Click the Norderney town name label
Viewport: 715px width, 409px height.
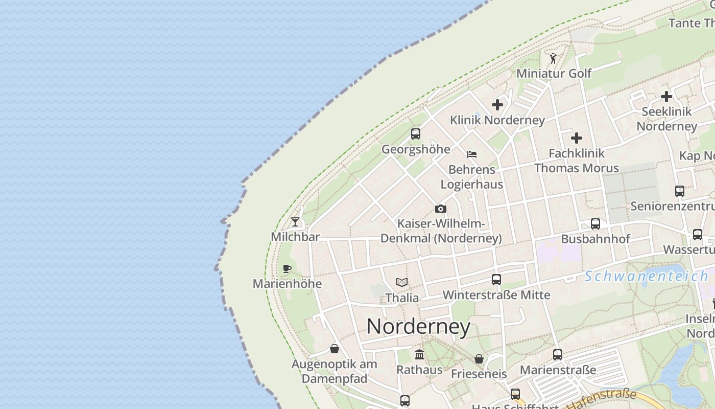(x=418, y=327)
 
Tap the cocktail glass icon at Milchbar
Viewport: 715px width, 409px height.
(x=295, y=222)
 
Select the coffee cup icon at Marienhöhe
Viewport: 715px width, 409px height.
(x=287, y=268)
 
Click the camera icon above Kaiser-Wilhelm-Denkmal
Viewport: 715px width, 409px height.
(x=441, y=209)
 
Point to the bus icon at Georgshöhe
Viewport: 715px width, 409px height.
(x=416, y=134)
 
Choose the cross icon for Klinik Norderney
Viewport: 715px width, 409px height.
(x=497, y=105)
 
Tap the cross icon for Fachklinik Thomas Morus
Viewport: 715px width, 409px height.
(x=577, y=138)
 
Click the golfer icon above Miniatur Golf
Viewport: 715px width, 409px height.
(x=553, y=58)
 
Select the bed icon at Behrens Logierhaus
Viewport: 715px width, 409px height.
(x=472, y=154)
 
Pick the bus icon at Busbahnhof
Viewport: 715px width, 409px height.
(x=595, y=224)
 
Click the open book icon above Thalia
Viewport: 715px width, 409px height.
(x=402, y=282)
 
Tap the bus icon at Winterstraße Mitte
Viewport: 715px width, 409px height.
(x=496, y=280)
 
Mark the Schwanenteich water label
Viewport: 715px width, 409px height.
(x=646, y=277)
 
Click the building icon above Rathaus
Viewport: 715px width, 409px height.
(x=419, y=354)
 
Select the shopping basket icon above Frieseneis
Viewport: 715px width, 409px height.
(x=479, y=359)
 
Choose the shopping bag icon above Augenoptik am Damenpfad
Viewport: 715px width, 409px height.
(x=335, y=349)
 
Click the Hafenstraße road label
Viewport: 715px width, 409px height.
(x=603, y=399)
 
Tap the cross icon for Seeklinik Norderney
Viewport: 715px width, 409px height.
(x=666, y=96)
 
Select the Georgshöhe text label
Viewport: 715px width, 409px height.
(x=416, y=149)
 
